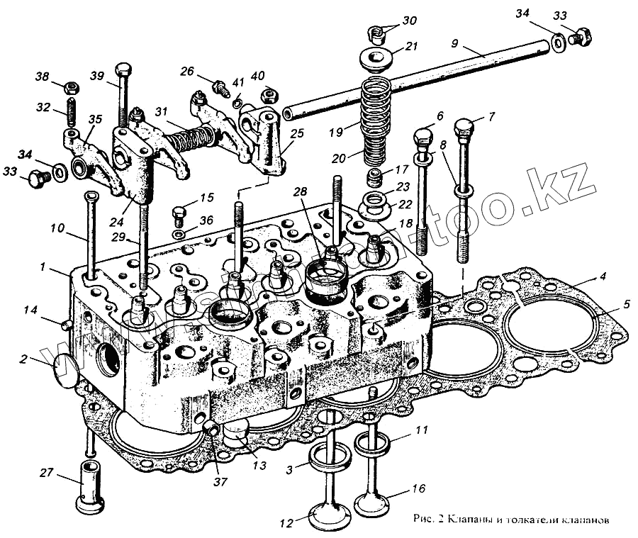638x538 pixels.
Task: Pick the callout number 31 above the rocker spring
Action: coord(162,113)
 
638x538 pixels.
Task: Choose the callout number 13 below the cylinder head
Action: coord(260,465)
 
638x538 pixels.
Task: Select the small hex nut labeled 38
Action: coord(72,88)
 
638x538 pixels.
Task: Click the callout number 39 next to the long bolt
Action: coord(96,77)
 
